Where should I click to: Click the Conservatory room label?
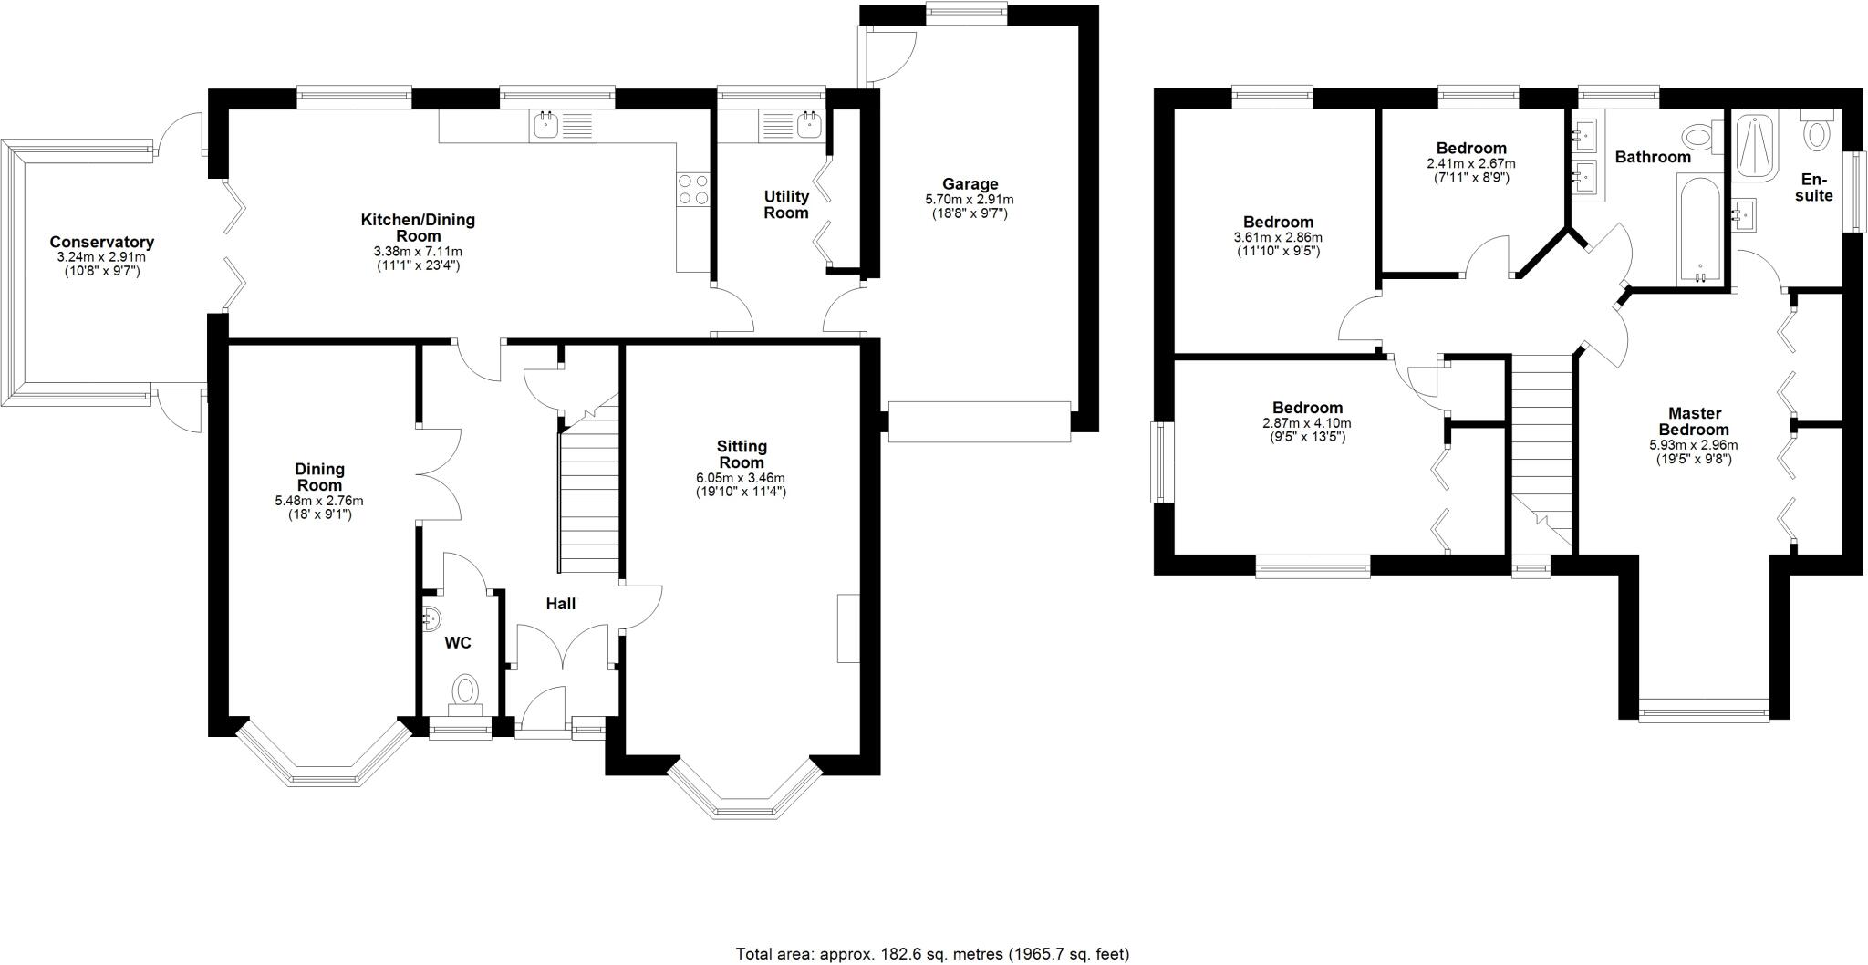click(x=101, y=242)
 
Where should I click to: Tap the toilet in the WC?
click(x=466, y=692)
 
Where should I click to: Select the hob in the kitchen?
click(x=693, y=190)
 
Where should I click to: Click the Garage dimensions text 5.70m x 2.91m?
click(x=970, y=199)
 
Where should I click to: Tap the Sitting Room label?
click(x=742, y=454)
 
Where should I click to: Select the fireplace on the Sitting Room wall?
click(x=848, y=628)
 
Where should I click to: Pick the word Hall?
click(x=561, y=604)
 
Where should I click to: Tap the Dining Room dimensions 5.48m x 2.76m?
click(x=319, y=501)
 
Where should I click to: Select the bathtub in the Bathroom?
click(x=1699, y=230)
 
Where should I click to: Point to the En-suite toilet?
click(x=1817, y=133)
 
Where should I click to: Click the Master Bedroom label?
click(x=1693, y=421)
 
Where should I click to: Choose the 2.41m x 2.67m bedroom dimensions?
click(x=1471, y=164)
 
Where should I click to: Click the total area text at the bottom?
click(x=932, y=954)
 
